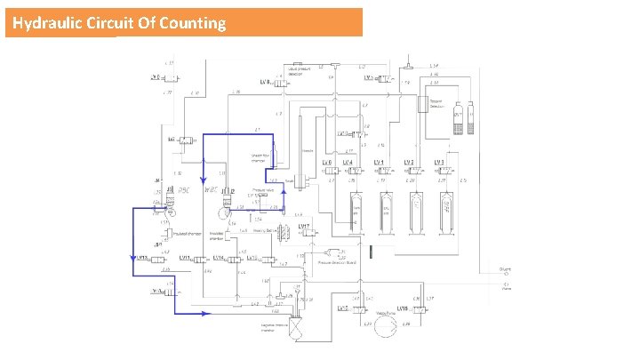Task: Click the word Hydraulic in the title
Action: tap(47, 23)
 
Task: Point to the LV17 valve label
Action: tap(303, 227)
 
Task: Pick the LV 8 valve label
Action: tap(265, 83)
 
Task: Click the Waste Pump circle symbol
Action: tap(384, 327)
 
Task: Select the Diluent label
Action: tap(505, 269)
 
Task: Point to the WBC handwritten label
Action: tap(212, 189)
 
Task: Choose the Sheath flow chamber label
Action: tap(258, 158)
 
